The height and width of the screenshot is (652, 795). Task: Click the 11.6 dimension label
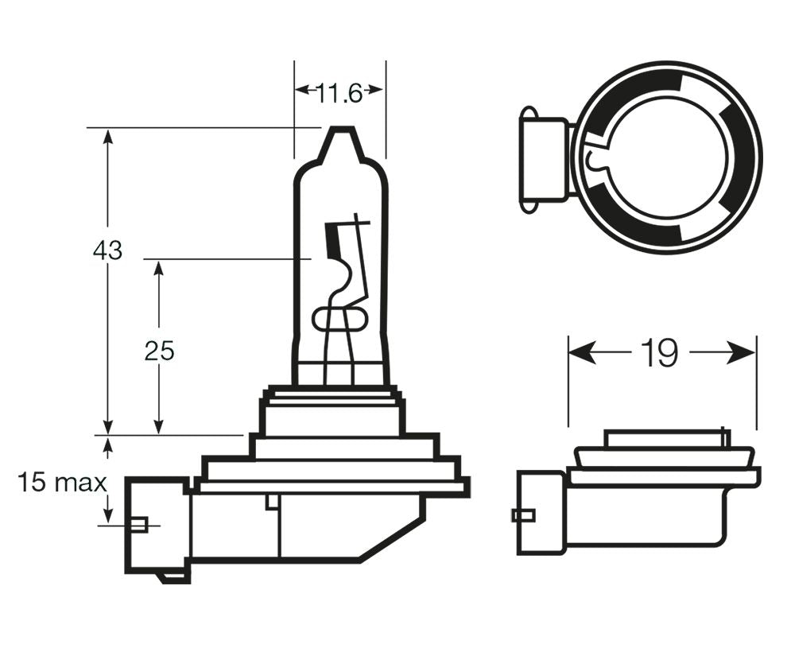339,94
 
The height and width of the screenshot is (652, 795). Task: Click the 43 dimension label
107,250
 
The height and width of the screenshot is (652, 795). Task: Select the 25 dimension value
159,350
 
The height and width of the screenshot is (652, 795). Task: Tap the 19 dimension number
661,354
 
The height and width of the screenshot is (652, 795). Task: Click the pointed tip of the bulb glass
340,133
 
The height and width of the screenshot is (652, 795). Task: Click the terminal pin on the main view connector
141,525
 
